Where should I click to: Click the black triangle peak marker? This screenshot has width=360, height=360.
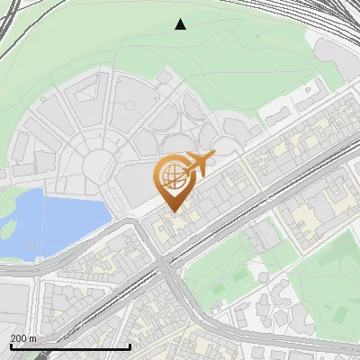180,24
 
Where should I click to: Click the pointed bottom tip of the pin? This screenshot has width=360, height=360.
174,211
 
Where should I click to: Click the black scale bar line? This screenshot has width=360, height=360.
70,346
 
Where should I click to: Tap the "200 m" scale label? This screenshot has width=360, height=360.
23,338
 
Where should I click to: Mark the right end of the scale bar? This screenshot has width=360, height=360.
130,346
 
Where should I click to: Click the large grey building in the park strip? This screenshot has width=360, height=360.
262,237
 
